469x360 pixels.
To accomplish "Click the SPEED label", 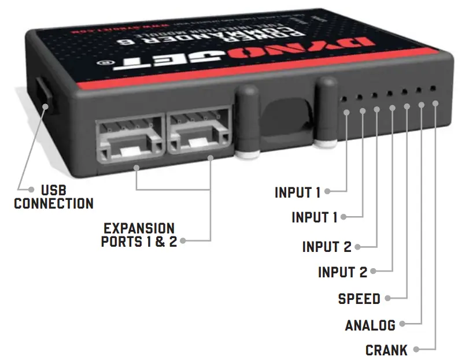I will tap(359, 299).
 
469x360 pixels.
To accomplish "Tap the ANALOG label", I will tap(370, 325).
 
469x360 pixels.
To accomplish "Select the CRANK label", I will tap(386, 350).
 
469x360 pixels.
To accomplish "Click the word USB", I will tap(54, 190).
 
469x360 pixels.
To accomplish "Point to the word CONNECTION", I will tap(54, 203).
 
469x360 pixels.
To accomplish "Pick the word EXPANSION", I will tap(139, 228).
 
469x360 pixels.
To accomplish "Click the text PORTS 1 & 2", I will tap(139, 242).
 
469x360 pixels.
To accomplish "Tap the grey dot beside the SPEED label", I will tap(387, 299).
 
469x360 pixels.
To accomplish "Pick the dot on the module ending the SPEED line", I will tap(407, 106).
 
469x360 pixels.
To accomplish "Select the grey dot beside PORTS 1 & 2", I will tap(183, 242).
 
